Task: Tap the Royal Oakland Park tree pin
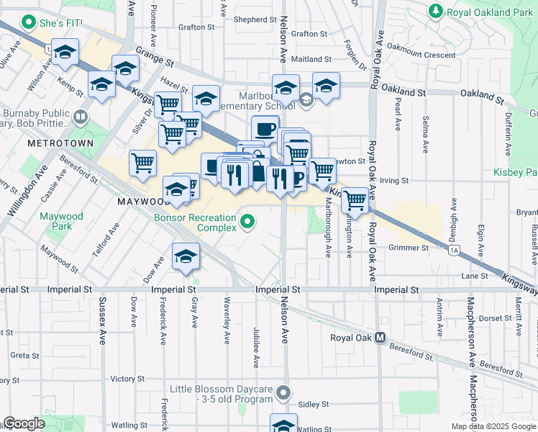[434, 11]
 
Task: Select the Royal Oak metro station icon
[380, 338]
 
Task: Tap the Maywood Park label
[62, 222]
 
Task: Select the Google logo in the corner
[24, 423]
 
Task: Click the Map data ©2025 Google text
[493, 426]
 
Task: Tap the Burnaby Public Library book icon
[81, 115]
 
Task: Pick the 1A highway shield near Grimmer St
[453, 251]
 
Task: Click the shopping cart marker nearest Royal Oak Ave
[355, 199]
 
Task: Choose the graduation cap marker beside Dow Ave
[186, 257]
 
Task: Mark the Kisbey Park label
[516, 172]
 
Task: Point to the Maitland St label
[310, 59]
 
